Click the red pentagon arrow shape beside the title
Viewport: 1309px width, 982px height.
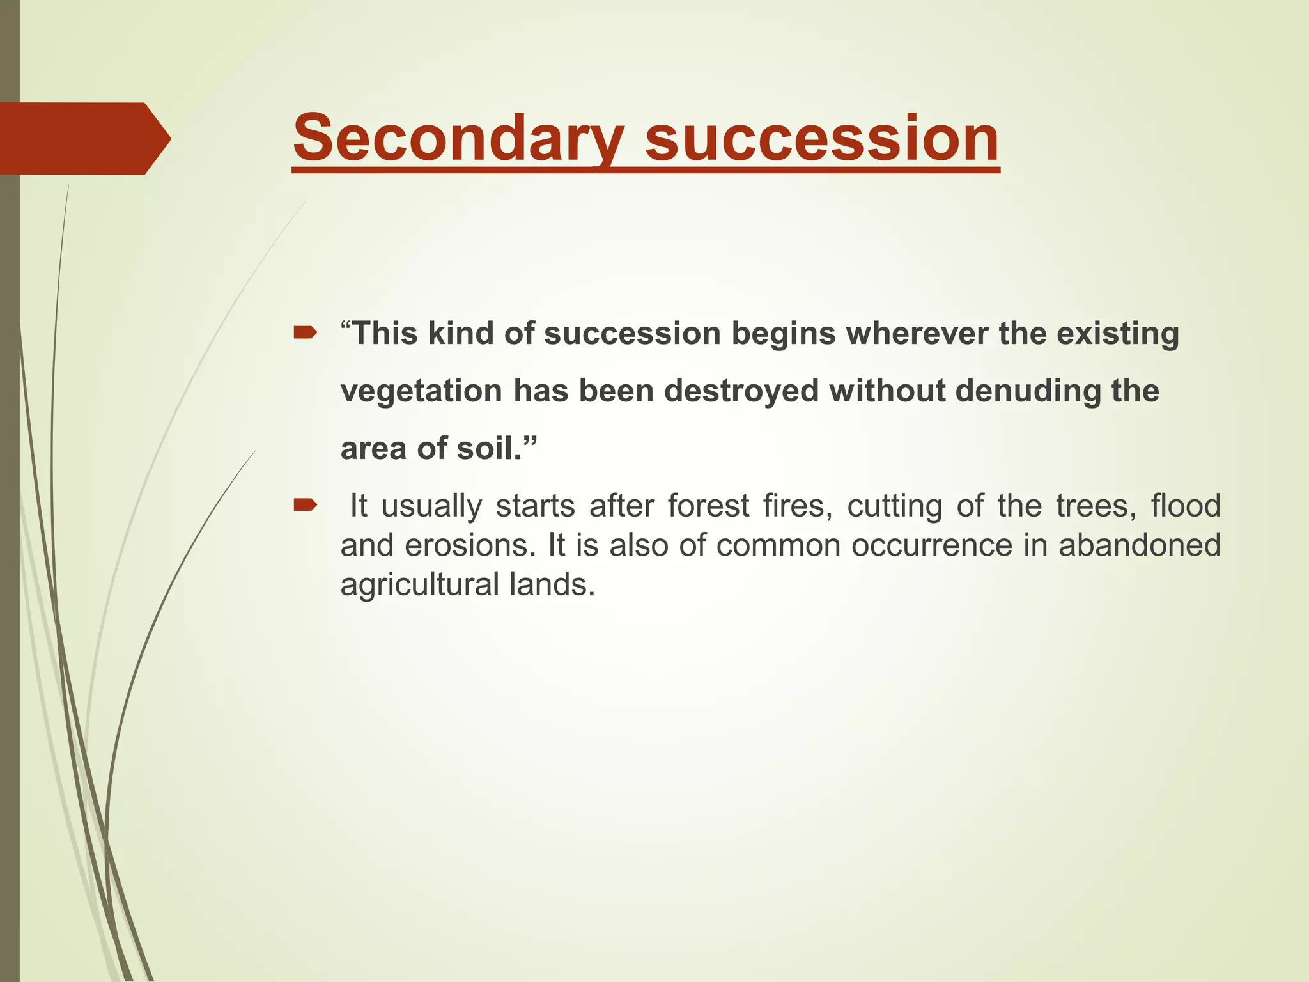83,138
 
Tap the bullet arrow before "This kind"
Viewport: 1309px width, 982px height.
305,332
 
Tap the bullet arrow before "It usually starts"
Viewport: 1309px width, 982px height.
305,506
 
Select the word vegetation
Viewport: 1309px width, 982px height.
421,391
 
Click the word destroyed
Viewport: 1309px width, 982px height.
741,391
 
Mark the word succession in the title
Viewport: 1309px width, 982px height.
821,138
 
